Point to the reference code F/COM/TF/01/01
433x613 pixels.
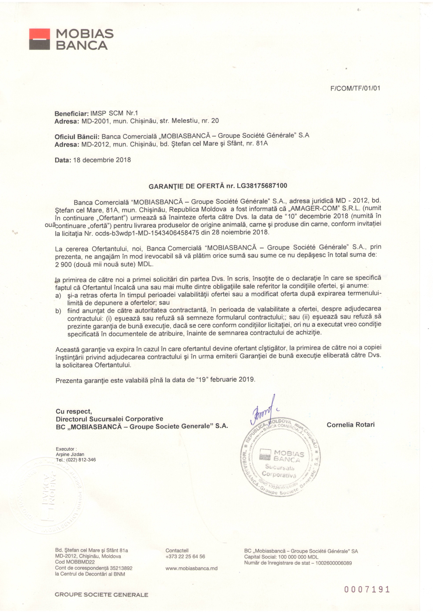click(x=355, y=88)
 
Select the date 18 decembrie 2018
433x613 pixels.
click(x=102, y=160)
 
